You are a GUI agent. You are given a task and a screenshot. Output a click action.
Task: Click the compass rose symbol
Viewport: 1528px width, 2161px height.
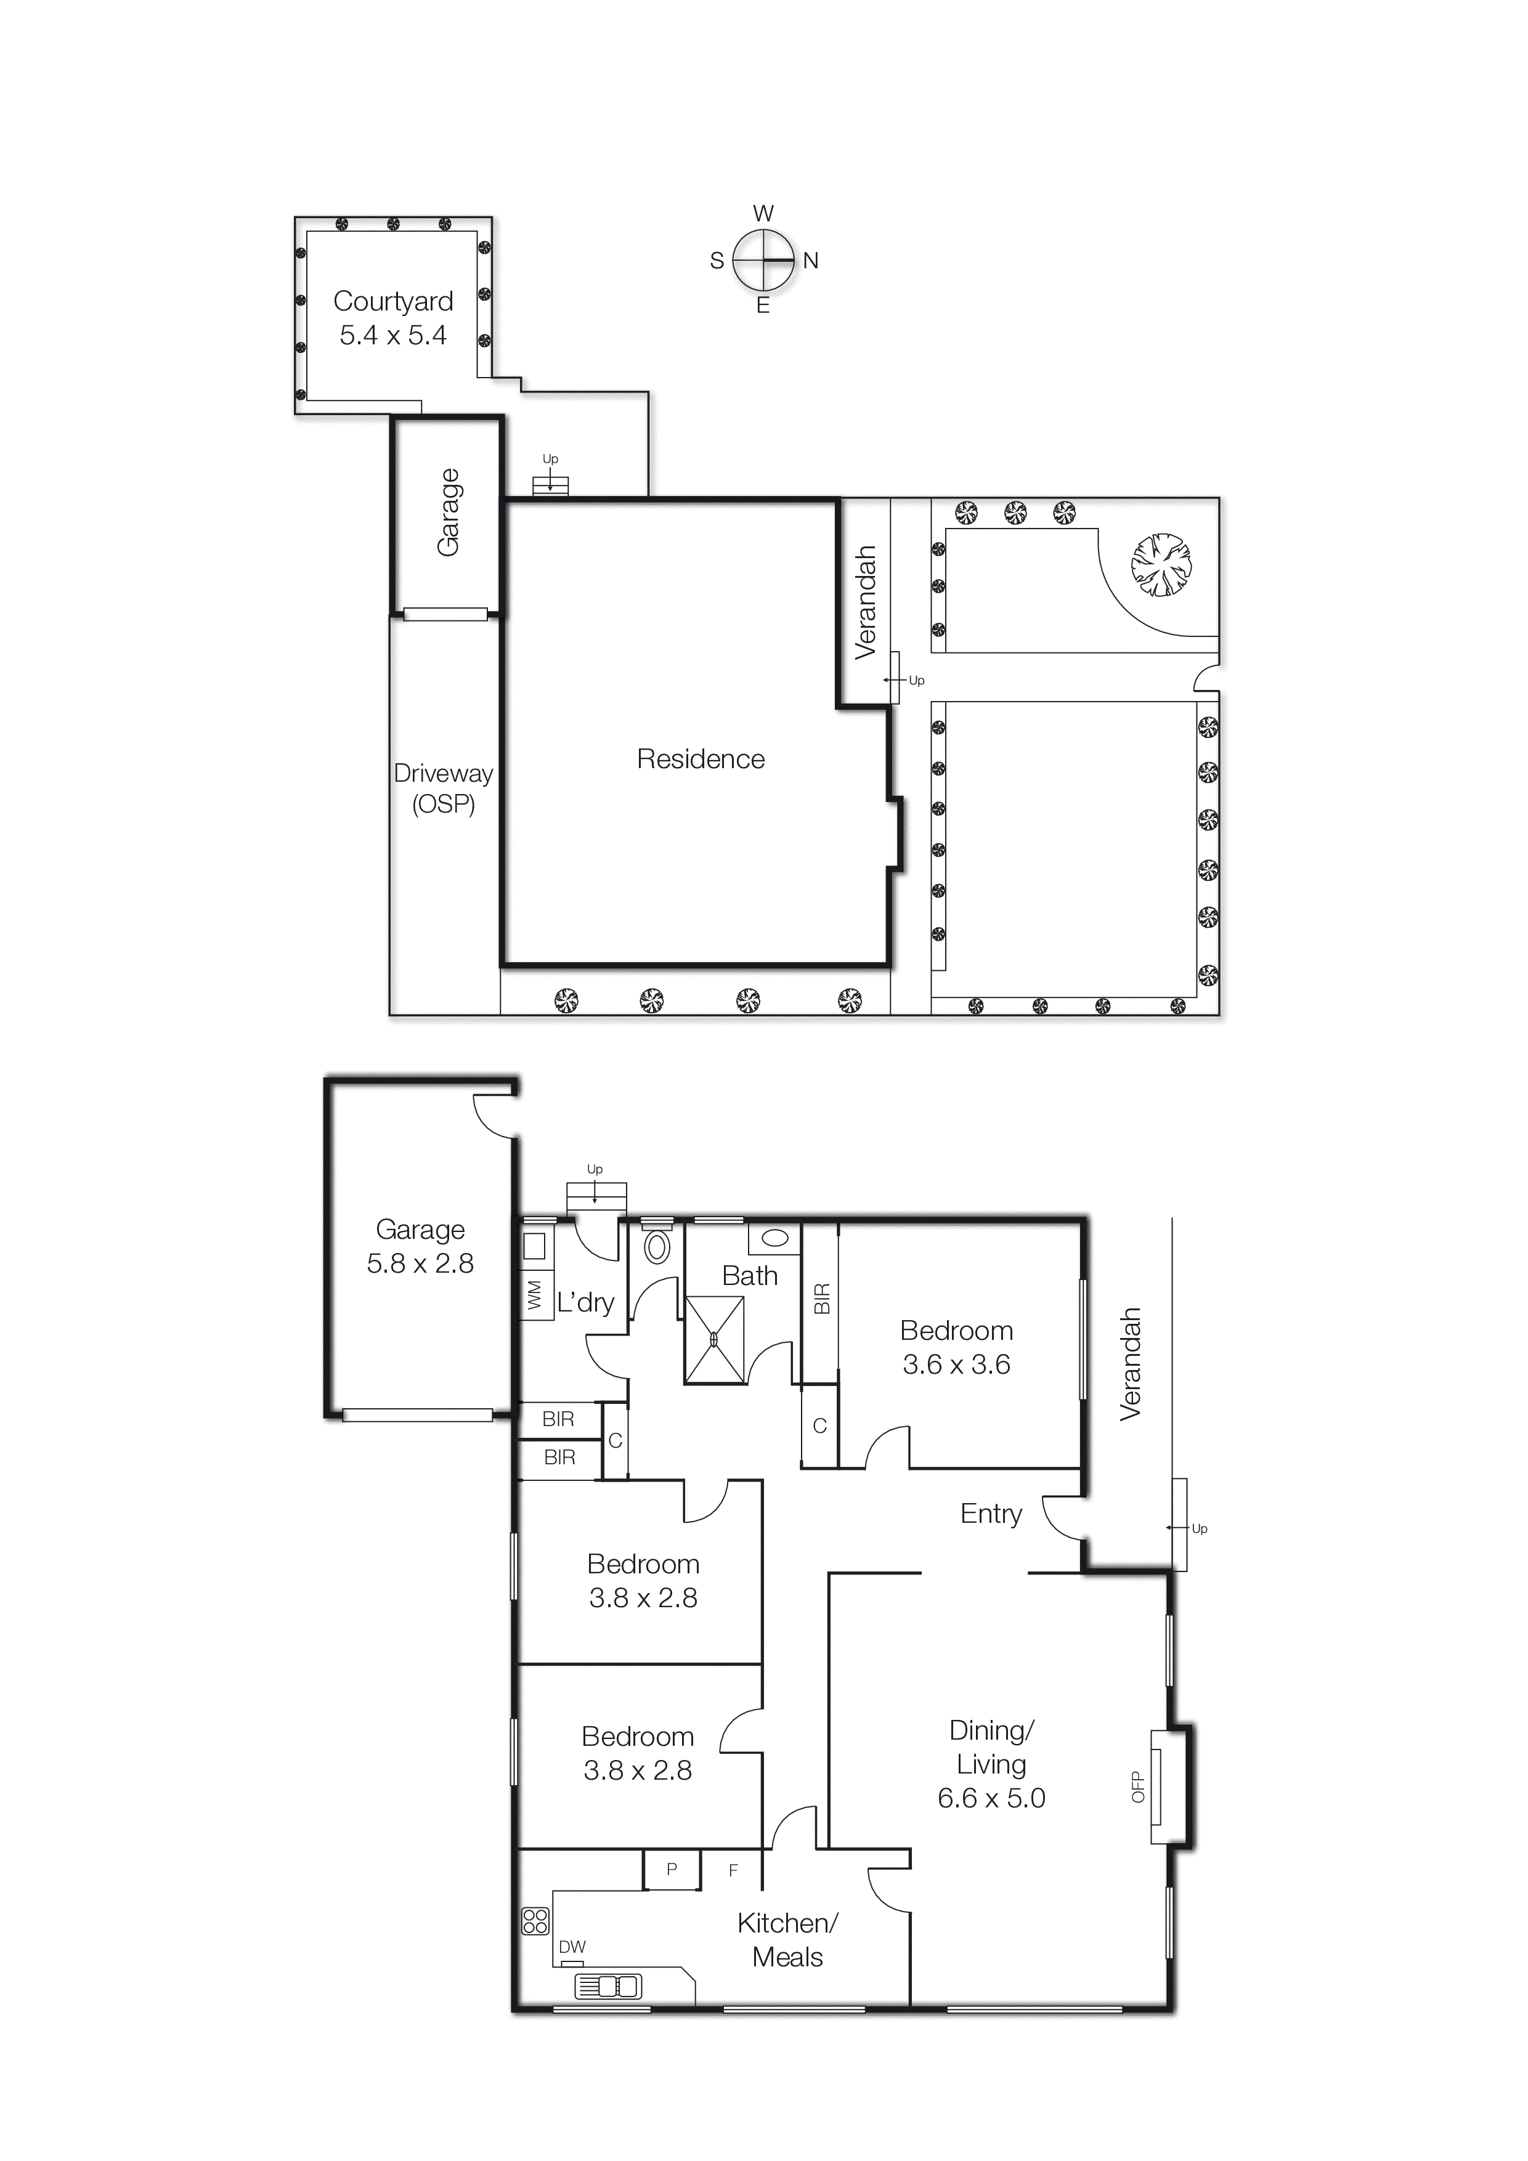point(763,260)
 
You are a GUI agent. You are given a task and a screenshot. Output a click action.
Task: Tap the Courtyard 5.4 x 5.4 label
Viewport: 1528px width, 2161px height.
point(394,318)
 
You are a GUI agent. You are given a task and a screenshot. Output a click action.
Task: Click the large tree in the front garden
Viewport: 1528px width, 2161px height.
point(1161,565)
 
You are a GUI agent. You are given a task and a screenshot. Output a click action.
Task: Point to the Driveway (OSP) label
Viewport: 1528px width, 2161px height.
point(444,788)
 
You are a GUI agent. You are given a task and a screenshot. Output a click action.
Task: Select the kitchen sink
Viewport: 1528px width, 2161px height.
point(608,1987)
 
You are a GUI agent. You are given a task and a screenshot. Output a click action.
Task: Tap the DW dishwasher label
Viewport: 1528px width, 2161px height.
point(572,1947)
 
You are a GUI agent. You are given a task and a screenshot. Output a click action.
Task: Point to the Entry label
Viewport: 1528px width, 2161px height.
point(990,1514)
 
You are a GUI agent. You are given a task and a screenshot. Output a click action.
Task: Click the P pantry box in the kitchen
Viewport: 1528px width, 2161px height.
point(671,1869)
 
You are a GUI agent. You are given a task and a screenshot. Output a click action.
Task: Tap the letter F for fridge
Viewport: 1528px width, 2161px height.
point(733,1870)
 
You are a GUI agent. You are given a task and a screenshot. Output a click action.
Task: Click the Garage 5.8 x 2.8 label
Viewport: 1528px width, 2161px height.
point(420,1246)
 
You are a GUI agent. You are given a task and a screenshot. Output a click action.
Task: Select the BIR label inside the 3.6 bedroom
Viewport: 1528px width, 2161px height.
point(821,1299)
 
